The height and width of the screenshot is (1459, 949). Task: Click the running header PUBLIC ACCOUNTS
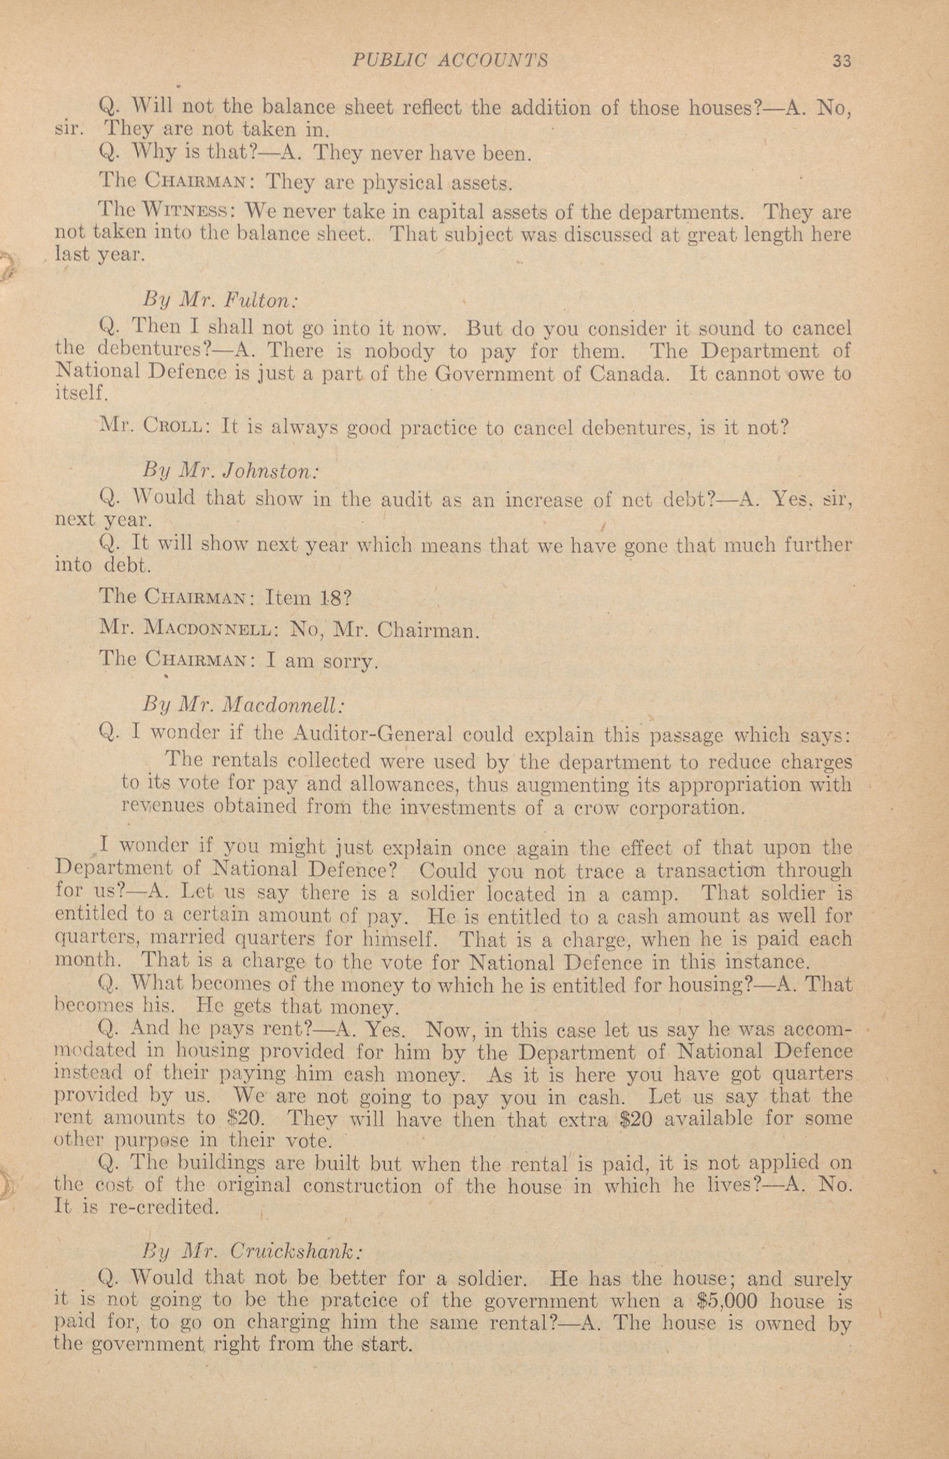tap(449, 60)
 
